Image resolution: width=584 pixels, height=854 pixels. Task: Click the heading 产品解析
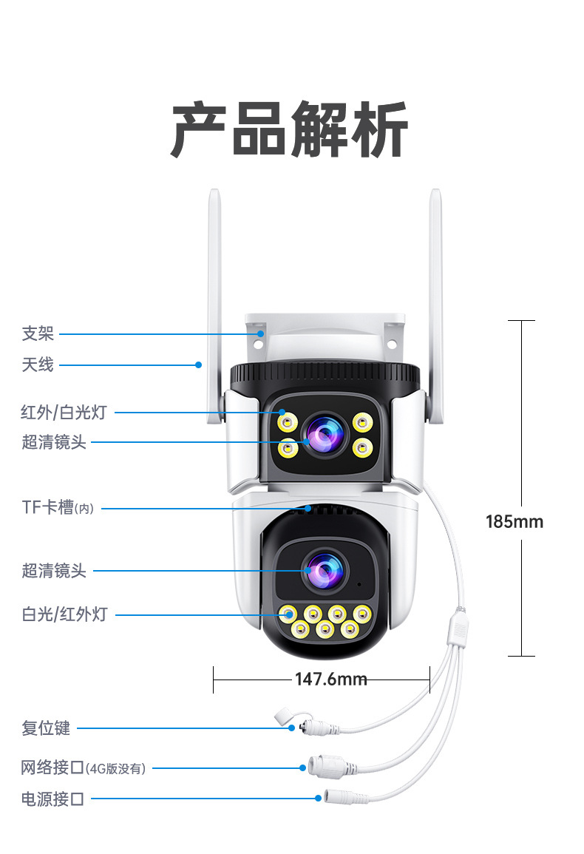(x=290, y=129)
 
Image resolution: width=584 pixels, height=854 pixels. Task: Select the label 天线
(x=38, y=364)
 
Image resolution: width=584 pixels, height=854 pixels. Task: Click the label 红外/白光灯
(x=64, y=412)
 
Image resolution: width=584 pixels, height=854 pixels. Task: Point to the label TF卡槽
(x=49, y=507)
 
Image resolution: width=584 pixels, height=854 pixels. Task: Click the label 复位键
(x=46, y=728)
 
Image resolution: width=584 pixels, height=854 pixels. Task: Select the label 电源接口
(x=52, y=799)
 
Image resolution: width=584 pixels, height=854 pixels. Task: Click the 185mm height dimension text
(x=514, y=521)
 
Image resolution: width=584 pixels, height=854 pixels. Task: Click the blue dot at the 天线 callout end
(x=198, y=364)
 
